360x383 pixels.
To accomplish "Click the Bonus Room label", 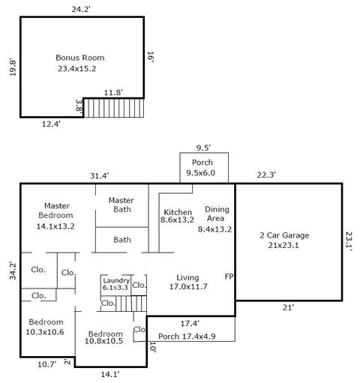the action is click(x=80, y=58).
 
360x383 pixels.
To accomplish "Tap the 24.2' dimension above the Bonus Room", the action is click(x=81, y=9).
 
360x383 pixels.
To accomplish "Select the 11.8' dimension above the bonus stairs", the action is click(x=113, y=93).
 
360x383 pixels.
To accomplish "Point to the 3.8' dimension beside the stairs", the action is click(x=79, y=106).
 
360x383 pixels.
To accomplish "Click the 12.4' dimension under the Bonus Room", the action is click(x=51, y=124).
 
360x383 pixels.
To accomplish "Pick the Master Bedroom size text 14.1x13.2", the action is click(x=55, y=226).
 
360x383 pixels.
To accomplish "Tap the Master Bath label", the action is click(x=121, y=205).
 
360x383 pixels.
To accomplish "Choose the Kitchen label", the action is click(x=178, y=212).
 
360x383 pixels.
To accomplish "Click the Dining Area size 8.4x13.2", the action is click(x=214, y=229).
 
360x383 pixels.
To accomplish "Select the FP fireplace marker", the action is click(x=229, y=277).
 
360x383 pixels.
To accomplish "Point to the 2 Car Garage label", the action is click(x=284, y=235).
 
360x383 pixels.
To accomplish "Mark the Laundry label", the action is click(x=116, y=280).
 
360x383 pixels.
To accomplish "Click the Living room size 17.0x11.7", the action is click(x=188, y=286).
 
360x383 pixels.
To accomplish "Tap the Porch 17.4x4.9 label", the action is click(x=187, y=337).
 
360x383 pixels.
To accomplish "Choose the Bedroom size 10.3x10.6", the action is click(x=45, y=332).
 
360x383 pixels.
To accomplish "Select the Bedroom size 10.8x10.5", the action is click(x=103, y=341).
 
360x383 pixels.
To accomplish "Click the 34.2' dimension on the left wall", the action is click(x=13, y=271).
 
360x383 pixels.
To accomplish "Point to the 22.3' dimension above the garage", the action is click(x=266, y=175).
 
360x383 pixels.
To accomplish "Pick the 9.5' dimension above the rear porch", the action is click(x=203, y=148).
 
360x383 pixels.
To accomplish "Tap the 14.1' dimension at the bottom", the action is click(x=110, y=374).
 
